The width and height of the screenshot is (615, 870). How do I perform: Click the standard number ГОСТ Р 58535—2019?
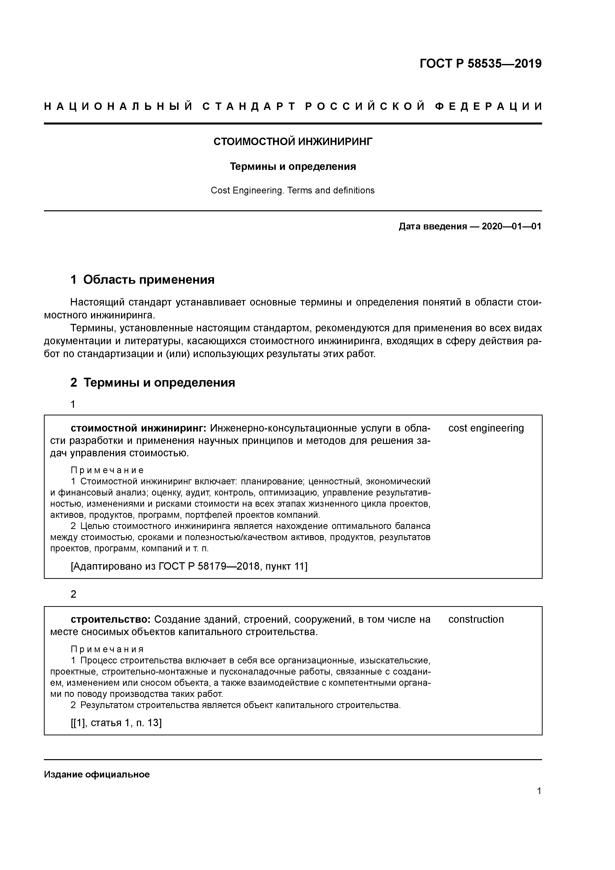point(481,64)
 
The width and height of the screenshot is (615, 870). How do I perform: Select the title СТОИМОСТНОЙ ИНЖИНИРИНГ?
point(293,142)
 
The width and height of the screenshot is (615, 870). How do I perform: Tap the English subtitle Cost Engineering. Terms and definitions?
point(293,191)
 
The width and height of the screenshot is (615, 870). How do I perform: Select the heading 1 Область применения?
point(143,280)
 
